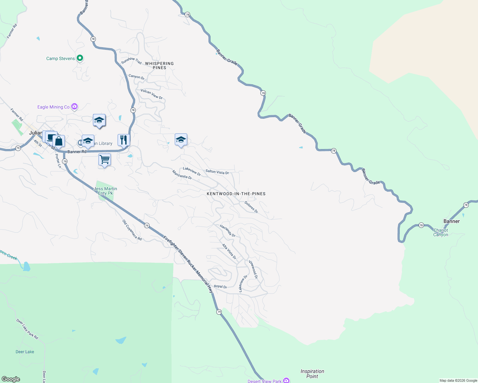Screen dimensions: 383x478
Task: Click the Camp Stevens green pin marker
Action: (x=80, y=58)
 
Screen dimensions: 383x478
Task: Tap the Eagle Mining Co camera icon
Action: (x=74, y=106)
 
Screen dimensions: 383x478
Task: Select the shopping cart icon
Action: (x=105, y=159)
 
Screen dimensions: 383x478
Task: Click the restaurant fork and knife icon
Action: (x=124, y=139)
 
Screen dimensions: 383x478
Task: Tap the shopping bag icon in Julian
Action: (x=59, y=141)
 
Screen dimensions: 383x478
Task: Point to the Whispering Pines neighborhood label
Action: (x=159, y=65)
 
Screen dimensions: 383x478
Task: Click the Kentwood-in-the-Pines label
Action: (x=236, y=194)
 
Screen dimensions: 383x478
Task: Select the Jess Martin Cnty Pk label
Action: (x=105, y=191)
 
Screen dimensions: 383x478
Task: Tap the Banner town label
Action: (x=451, y=221)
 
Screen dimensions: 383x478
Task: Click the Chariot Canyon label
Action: (x=441, y=232)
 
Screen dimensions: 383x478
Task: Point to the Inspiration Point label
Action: (x=312, y=374)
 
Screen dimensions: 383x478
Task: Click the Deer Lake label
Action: (x=25, y=352)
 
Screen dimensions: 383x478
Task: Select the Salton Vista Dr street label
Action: (x=217, y=172)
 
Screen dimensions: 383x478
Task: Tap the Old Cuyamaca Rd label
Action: (x=132, y=230)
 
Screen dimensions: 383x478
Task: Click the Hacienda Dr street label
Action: (x=227, y=231)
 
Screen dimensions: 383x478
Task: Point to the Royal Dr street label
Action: (x=220, y=287)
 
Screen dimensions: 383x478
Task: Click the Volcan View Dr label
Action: (x=152, y=94)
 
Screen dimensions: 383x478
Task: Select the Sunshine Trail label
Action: (x=131, y=60)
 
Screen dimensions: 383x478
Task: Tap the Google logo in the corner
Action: (x=11, y=379)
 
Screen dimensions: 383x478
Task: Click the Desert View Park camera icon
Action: (x=286, y=380)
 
